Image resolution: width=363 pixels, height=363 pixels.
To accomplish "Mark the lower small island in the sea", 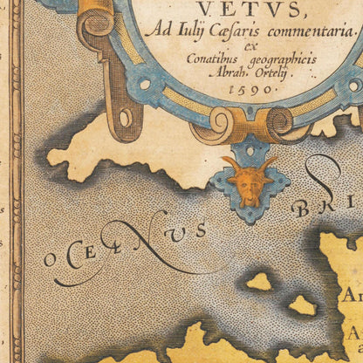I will (x=301, y=305).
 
